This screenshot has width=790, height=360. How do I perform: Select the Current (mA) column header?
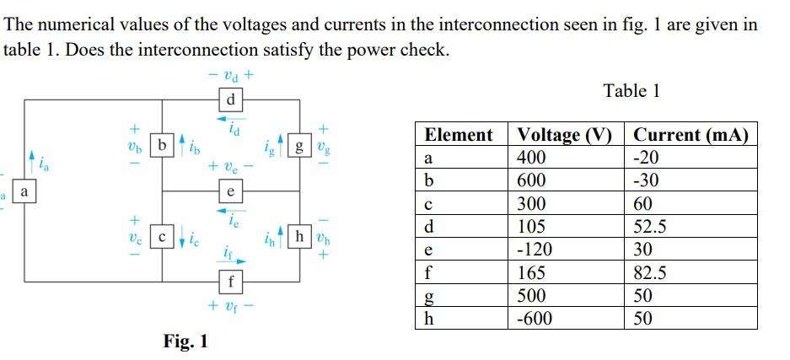pyautogui.click(x=691, y=135)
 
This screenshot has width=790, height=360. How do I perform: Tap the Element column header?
pyautogui.click(x=459, y=135)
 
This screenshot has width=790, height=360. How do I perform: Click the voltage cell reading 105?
pyautogui.click(x=532, y=227)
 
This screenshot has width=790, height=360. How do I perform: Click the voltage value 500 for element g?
pyautogui.click(x=532, y=295)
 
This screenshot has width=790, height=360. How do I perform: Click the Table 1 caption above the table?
pyautogui.click(x=631, y=90)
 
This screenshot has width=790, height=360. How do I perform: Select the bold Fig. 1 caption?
pyautogui.click(x=185, y=341)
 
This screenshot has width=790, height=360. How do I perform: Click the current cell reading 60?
pyautogui.click(x=642, y=204)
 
